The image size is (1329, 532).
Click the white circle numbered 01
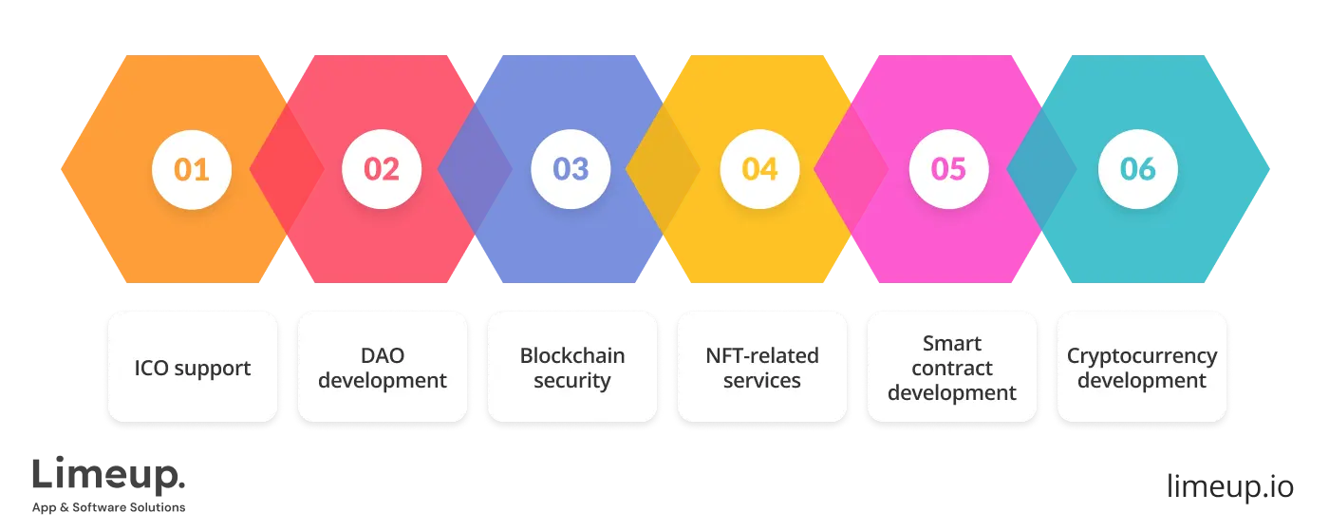click(x=191, y=169)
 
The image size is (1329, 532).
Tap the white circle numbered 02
click(x=381, y=169)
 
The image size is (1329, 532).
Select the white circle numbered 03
click(x=571, y=169)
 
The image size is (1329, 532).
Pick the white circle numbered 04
click(x=759, y=169)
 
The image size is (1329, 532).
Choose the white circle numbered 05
click(x=948, y=169)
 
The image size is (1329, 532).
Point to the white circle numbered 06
click(x=1138, y=169)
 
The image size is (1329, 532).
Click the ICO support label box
click(x=193, y=368)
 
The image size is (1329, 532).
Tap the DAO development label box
click(x=383, y=368)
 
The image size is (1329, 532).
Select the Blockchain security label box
click(x=572, y=368)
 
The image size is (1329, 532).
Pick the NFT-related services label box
click(x=762, y=368)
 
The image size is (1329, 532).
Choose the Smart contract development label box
click(x=952, y=368)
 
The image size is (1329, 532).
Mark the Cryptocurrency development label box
click(x=1142, y=368)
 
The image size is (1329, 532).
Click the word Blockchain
click(x=572, y=356)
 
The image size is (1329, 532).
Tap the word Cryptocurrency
click(x=1142, y=356)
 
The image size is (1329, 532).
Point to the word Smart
click(x=952, y=343)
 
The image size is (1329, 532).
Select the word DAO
click(x=383, y=356)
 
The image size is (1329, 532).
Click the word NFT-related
click(x=762, y=356)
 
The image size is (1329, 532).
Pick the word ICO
click(x=152, y=368)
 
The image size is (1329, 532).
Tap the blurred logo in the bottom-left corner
click(x=109, y=484)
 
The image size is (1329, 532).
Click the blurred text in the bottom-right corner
click(x=1229, y=486)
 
